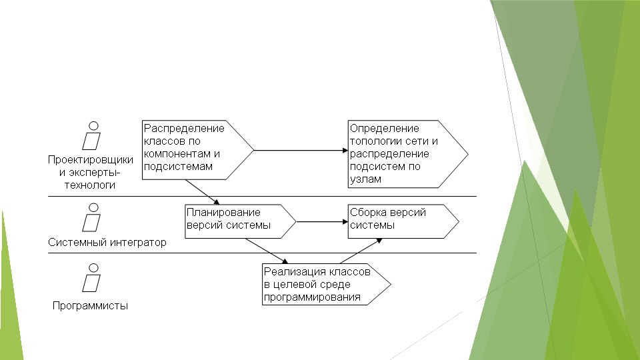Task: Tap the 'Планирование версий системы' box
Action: click(x=237, y=221)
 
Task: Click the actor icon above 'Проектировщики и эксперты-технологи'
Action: click(x=92, y=136)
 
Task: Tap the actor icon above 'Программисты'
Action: click(x=92, y=279)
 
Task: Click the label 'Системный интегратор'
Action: click(x=107, y=243)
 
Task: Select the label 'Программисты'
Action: click(x=91, y=306)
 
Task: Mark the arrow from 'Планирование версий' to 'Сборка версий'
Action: click(x=322, y=221)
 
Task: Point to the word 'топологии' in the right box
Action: click(x=377, y=141)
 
